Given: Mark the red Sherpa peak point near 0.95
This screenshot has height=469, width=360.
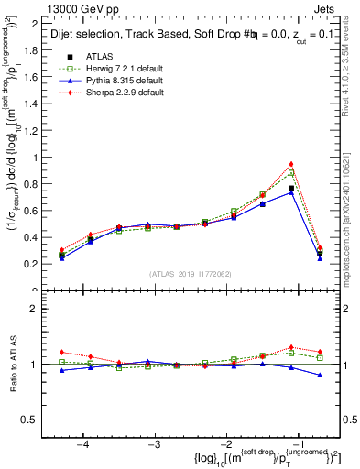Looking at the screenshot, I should point(291,164).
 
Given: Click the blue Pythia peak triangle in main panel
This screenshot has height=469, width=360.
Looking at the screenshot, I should point(291,192).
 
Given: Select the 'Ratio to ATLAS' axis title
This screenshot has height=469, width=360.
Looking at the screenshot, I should point(11,365).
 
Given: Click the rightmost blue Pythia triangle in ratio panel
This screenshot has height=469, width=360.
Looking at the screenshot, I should point(320,375).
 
